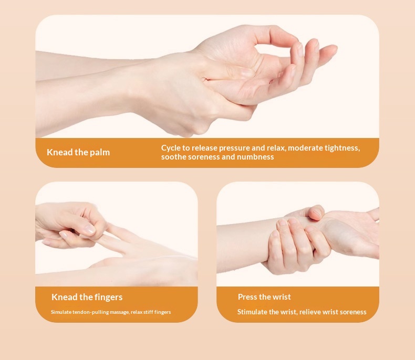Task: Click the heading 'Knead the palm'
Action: pos(78,153)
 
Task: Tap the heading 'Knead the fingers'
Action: pos(87,297)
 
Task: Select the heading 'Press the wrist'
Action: pos(264,297)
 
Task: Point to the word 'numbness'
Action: pos(255,157)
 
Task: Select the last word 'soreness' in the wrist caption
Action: pos(353,312)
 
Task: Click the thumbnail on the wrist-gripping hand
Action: pos(317,213)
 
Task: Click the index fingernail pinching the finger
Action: pos(90,230)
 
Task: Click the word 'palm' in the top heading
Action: pos(100,153)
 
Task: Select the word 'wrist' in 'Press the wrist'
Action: pos(282,297)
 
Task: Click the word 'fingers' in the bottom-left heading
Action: pos(109,297)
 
